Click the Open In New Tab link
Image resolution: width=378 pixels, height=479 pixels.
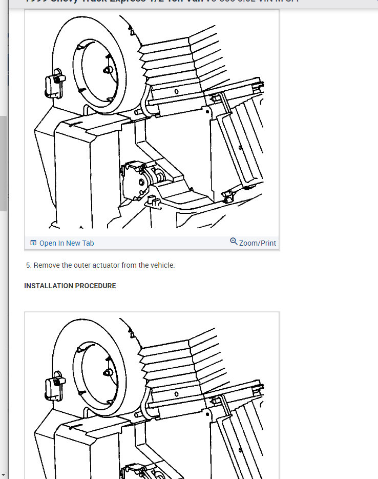pos(66,243)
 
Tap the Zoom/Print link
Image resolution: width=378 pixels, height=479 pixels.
pos(257,243)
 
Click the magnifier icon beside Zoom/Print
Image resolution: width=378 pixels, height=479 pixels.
pos(234,242)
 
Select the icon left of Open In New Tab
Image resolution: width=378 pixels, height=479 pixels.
pos(33,243)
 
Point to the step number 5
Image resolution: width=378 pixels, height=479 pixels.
pos(28,265)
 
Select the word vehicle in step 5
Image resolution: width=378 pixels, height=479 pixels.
pos(161,265)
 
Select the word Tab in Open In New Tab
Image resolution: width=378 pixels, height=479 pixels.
pos(88,243)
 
